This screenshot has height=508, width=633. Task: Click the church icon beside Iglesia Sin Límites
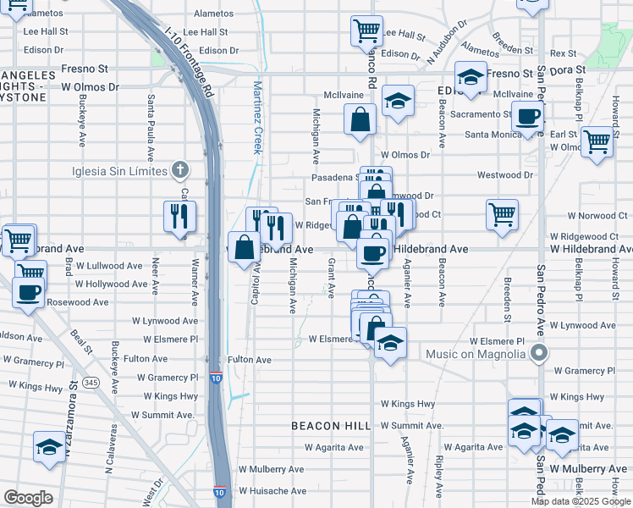click(x=179, y=170)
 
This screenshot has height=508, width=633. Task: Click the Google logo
click(x=28, y=498)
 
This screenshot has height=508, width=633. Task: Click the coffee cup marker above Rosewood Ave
click(x=28, y=293)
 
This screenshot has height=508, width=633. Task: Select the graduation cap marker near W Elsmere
click(x=389, y=343)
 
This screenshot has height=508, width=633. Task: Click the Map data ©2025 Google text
click(x=580, y=501)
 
